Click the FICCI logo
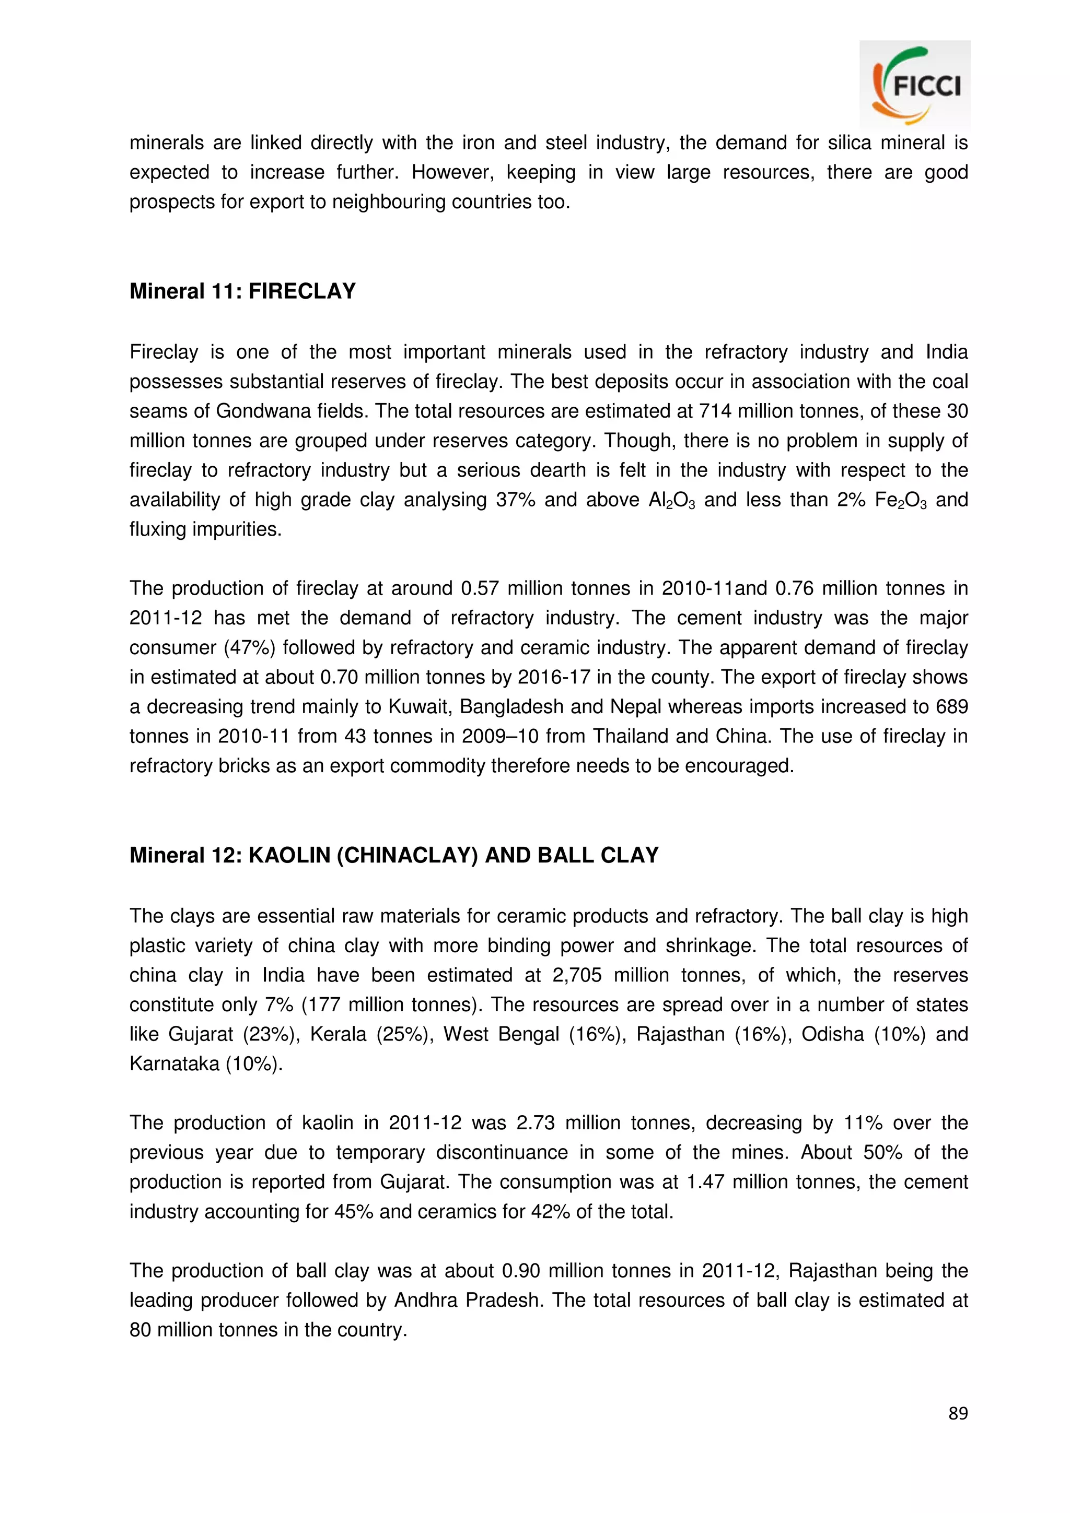click(914, 85)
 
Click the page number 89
click(958, 1413)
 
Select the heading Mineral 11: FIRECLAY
click(242, 291)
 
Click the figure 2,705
click(577, 975)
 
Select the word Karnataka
click(174, 1063)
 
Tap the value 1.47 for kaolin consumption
click(705, 1182)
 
